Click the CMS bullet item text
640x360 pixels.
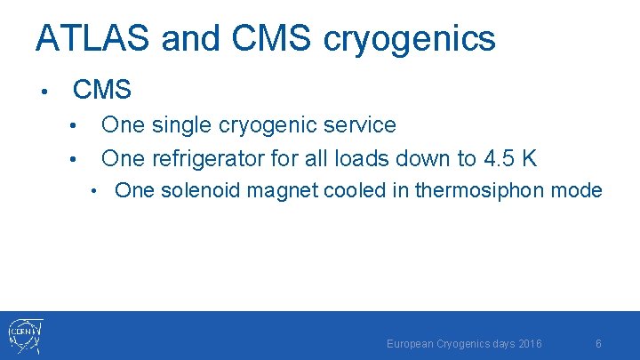coord(102,90)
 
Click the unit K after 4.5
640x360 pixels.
coord(530,158)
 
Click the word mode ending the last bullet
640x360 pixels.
coord(581,190)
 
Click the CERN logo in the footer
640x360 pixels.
coord(24,336)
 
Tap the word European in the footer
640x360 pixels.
coord(411,343)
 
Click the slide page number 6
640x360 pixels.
coord(599,343)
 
